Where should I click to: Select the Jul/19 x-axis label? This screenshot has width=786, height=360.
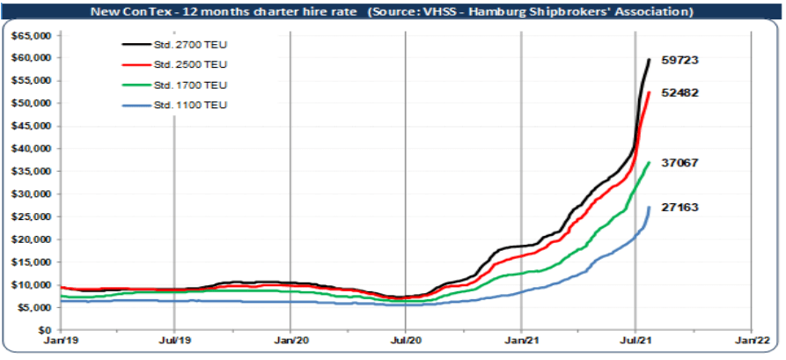point(174,339)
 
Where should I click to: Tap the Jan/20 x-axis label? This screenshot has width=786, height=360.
point(290,339)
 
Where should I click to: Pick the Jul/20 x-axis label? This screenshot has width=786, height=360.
point(405,339)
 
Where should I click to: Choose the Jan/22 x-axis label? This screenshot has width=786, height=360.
point(750,339)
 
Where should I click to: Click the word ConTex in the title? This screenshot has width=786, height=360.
point(180,12)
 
